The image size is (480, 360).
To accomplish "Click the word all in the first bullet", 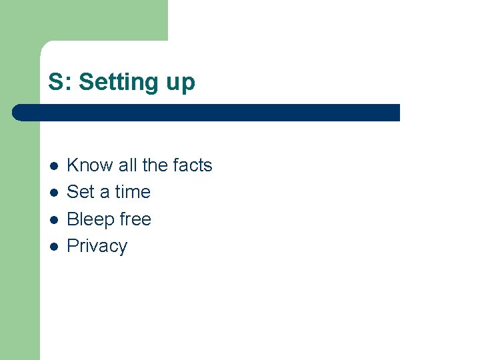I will (127, 165).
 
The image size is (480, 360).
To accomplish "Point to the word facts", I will (192, 165).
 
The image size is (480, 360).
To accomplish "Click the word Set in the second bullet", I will (81, 192).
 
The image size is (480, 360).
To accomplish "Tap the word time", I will (133, 192).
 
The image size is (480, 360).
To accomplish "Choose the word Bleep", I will (91, 219).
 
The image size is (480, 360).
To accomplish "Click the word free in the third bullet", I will (135, 219).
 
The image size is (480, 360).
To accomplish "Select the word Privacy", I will (97, 246).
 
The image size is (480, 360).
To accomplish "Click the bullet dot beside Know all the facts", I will (54, 166).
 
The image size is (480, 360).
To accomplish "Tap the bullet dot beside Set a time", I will (54, 193).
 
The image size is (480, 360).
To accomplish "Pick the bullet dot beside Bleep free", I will (54, 220).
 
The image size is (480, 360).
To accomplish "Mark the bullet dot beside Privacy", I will (54, 247).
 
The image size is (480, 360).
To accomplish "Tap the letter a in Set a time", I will (105, 193).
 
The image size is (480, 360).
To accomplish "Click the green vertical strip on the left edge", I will (20, 233).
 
